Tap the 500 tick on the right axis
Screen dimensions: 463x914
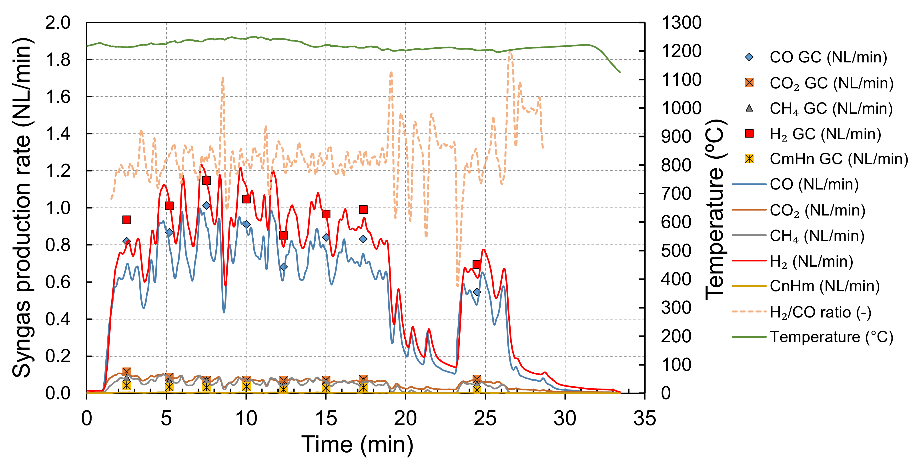point(676,251)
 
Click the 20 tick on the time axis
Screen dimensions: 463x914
point(405,418)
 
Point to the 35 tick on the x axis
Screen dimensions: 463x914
point(644,418)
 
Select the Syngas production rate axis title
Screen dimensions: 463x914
point(22,207)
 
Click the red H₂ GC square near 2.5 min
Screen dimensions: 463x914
point(127,220)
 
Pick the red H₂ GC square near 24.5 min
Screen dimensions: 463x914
point(477,264)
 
